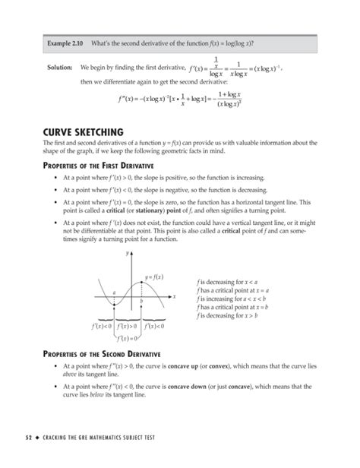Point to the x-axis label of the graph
coord(174,296)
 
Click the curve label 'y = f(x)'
coord(155,277)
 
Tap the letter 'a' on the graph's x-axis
coord(113,292)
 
